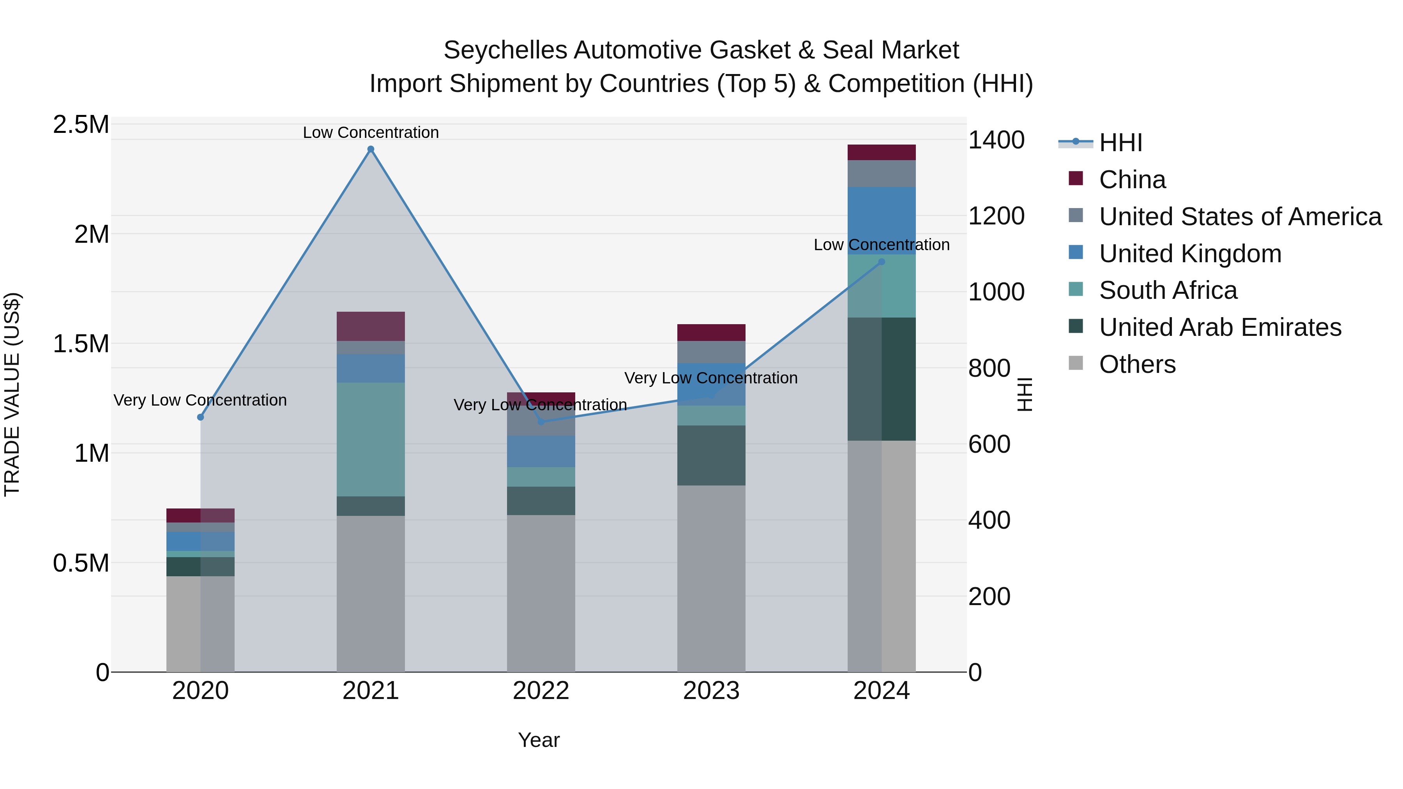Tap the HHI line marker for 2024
[882, 262]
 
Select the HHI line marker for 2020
[200, 417]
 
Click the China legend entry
[1132, 180]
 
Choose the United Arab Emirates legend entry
[1219, 327]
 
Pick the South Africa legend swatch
[1076, 289]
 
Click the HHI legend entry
[1120, 143]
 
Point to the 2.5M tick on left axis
[81, 125]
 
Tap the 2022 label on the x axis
[541, 691]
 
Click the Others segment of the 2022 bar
[541, 593]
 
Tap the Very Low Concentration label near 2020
[200, 400]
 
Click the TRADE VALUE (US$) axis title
[12, 394]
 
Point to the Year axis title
[539, 740]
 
